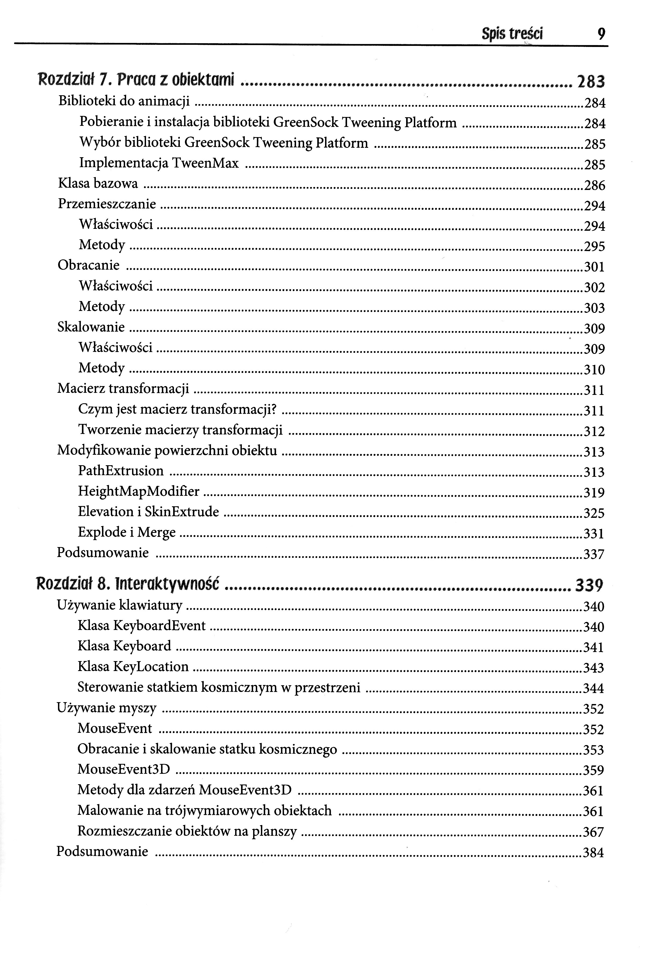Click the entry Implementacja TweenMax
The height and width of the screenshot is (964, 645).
click(159, 163)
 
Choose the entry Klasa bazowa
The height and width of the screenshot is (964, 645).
click(98, 183)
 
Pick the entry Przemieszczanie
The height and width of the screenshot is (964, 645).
click(107, 204)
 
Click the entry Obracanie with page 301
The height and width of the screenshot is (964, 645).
click(88, 265)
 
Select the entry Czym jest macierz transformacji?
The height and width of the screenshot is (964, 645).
click(177, 409)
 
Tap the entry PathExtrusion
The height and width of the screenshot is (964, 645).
click(121, 471)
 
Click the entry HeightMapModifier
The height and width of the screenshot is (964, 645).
click(139, 491)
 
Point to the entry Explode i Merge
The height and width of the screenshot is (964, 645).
click(127, 532)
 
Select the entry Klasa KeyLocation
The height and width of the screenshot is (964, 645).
click(133, 666)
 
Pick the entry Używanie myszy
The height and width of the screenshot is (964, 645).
click(107, 708)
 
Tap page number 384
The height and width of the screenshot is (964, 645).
click(593, 853)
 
